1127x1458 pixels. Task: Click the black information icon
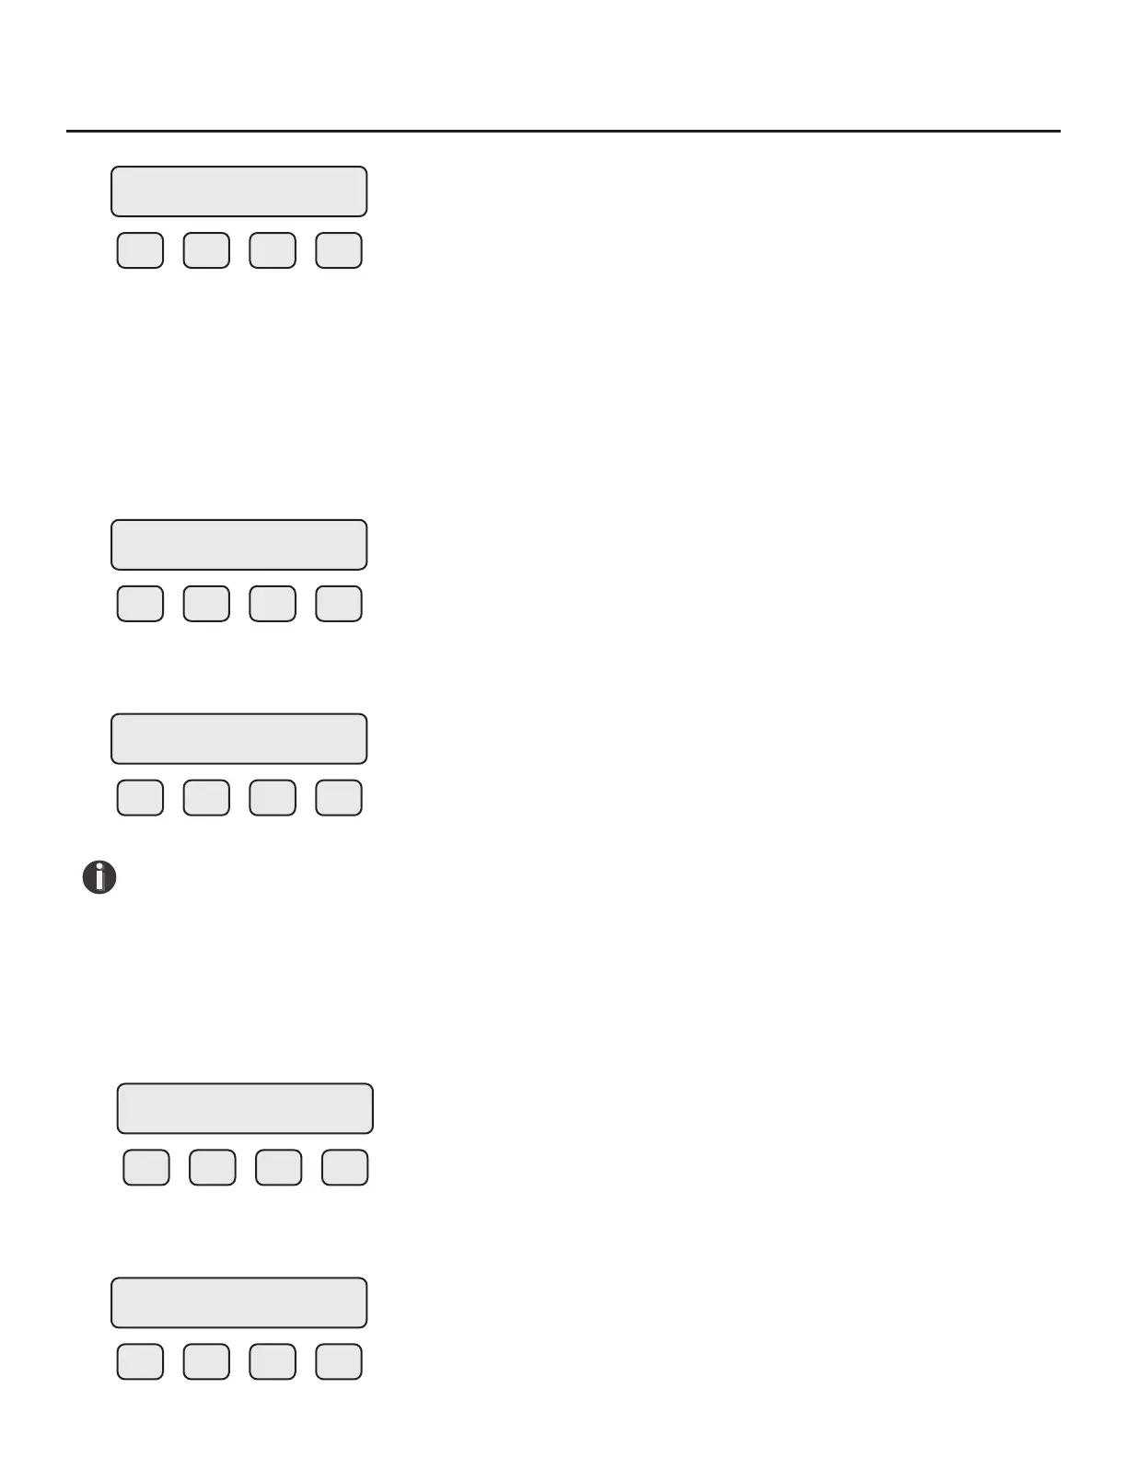[99, 877]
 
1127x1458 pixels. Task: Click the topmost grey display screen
[239, 191]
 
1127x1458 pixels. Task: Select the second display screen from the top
[239, 545]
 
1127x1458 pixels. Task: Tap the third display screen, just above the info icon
[239, 739]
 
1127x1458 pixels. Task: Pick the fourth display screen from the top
[245, 1108]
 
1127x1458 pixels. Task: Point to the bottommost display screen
[239, 1302]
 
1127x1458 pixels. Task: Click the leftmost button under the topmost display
[140, 250]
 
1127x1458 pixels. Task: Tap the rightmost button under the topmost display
[339, 250]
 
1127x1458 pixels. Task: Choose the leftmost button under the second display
[140, 604]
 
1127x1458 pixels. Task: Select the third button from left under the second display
[273, 604]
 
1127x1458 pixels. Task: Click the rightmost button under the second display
[339, 604]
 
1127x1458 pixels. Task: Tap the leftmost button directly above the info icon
[140, 798]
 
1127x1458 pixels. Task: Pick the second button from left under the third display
[206, 798]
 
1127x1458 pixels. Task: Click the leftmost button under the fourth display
[146, 1167]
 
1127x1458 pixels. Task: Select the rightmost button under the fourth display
[345, 1167]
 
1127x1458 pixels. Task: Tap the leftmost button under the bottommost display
[140, 1361]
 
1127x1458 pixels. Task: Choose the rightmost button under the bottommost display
[339, 1361]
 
